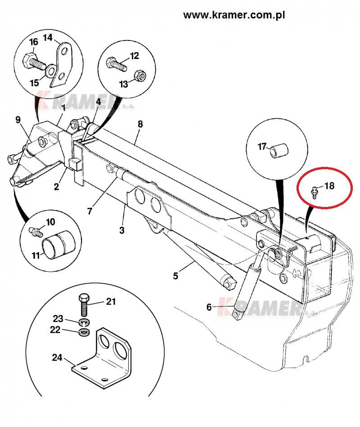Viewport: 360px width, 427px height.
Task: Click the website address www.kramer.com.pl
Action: (x=234, y=15)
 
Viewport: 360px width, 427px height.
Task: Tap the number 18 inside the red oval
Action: (x=329, y=186)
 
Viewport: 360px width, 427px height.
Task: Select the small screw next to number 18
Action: (x=314, y=192)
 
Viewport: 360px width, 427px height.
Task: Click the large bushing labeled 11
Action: (x=59, y=244)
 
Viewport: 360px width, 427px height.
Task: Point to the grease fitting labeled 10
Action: (x=36, y=231)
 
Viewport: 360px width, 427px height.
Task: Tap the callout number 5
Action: (x=175, y=275)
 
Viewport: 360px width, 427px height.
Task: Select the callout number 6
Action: (x=209, y=307)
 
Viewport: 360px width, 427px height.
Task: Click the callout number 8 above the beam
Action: (x=140, y=124)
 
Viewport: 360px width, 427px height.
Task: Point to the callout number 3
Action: (x=121, y=230)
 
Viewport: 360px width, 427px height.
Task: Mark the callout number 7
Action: (x=90, y=211)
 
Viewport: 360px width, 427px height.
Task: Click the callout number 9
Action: (x=18, y=120)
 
